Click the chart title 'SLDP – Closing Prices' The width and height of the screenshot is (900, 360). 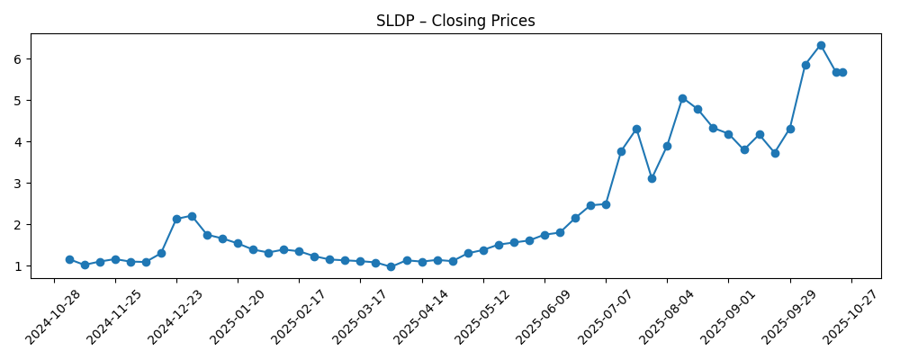455,21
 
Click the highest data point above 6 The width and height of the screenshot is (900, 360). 821,45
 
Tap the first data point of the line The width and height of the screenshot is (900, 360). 69,259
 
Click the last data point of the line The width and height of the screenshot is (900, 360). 842,72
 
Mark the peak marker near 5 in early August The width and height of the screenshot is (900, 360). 682,98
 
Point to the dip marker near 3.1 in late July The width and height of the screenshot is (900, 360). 652,178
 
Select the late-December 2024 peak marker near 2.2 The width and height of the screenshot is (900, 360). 192,216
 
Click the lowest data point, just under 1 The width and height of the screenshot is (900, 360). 391,266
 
